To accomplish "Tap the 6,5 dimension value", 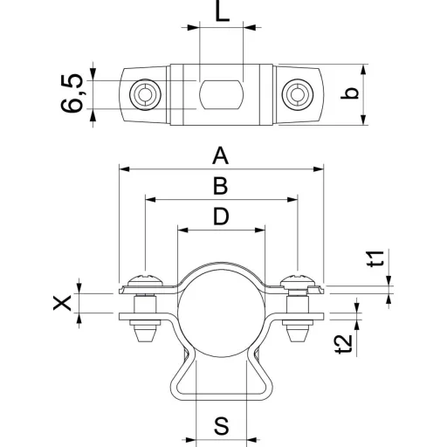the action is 72,93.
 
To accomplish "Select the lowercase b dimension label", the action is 350,93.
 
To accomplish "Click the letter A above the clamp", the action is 220,155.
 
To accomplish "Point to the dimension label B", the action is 220,186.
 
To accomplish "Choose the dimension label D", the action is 221,217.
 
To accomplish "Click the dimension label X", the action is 62,303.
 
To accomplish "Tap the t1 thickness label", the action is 378,258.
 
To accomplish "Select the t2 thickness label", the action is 344,344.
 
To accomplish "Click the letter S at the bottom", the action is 222,426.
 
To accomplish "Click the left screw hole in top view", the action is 145,94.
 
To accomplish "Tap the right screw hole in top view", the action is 297,94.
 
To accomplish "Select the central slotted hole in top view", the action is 221,94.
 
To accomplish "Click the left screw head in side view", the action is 145,280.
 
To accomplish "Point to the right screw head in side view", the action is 298,280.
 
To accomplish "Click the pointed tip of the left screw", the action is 145,340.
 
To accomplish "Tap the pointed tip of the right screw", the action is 298,340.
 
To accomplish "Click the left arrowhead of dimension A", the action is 124,169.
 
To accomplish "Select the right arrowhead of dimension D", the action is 259,230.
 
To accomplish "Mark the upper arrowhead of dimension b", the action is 363,70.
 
